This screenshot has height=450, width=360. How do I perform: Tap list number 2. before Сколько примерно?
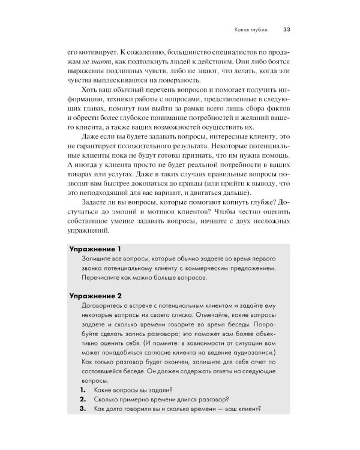83,400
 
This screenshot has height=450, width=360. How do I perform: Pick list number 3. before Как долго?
83,410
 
